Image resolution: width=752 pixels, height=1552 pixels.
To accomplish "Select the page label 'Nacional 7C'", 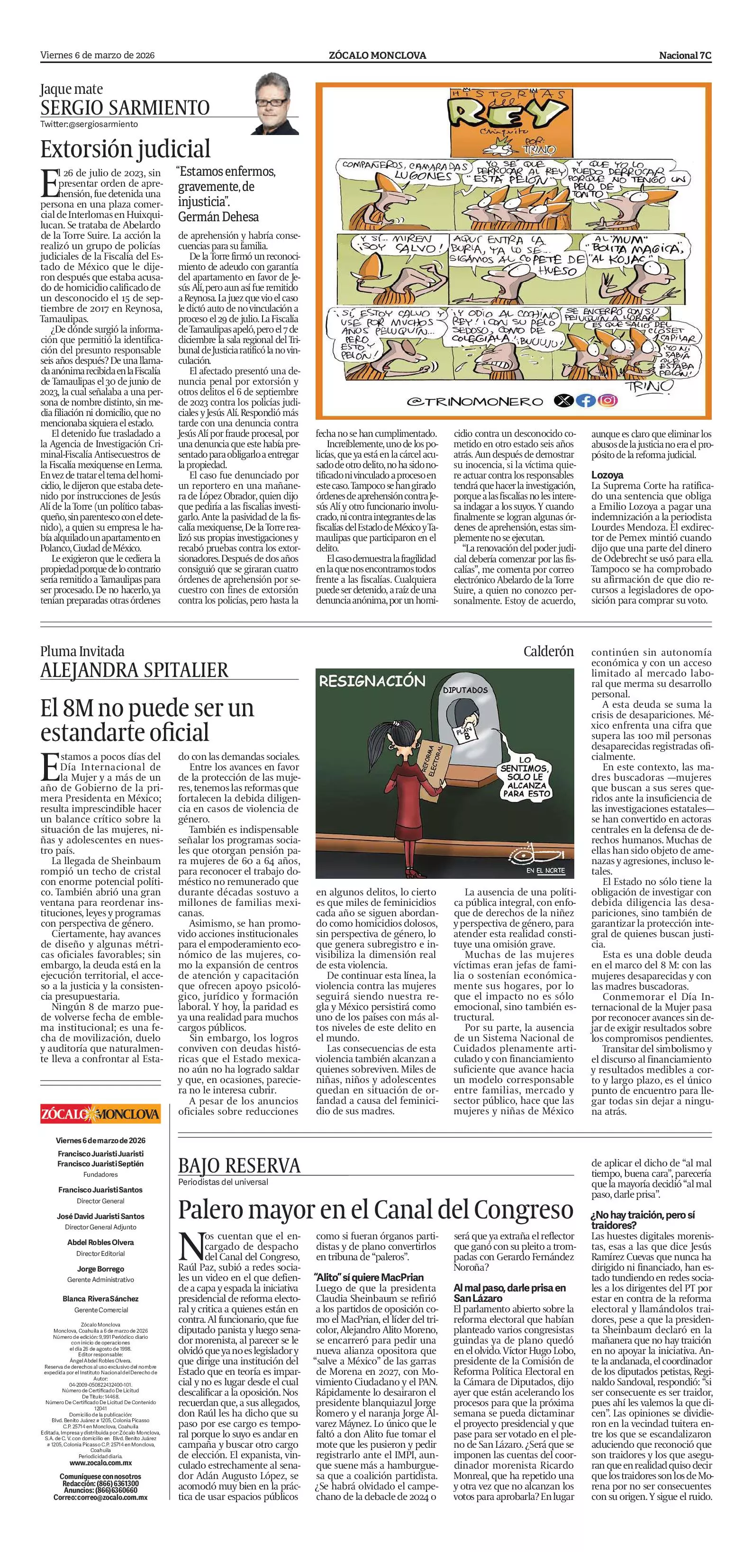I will (x=685, y=55).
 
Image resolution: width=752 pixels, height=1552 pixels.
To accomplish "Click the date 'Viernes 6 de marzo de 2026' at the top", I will (x=98, y=55).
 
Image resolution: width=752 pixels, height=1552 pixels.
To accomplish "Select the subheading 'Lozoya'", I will (x=607, y=475).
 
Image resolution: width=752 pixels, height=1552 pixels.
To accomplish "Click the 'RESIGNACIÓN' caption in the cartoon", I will (x=372, y=681).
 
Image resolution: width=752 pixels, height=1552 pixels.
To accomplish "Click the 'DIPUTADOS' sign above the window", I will (x=465, y=690).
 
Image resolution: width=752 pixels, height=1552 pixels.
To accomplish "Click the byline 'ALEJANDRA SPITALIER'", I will (x=135, y=670).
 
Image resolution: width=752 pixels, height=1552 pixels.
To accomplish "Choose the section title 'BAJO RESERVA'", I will (x=239, y=1166).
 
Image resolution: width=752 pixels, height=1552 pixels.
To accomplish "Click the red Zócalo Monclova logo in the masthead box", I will (x=100, y=1113).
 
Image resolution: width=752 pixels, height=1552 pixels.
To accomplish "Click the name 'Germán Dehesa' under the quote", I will (x=218, y=217).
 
